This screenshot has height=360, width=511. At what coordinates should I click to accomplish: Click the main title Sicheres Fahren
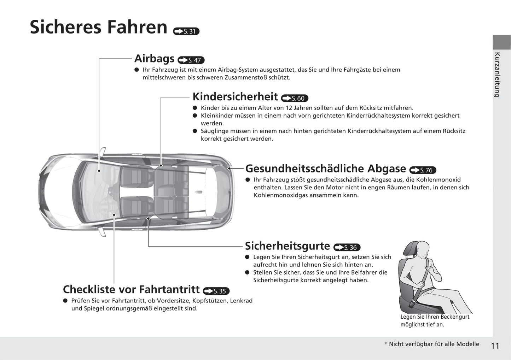[x=98, y=27]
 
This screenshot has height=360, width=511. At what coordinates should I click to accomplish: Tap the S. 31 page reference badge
[x=186, y=31]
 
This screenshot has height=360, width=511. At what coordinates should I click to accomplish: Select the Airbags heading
[x=154, y=58]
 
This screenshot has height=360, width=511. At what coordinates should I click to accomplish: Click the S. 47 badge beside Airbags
[x=191, y=60]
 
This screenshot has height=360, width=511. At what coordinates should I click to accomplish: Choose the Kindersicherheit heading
[x=235, y=96]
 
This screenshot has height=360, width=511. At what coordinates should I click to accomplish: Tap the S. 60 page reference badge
[x=294, y=98]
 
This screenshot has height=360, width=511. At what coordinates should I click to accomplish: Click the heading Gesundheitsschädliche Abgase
[x=325, y=169]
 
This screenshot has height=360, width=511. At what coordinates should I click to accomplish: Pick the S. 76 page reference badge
[x=423, y=170]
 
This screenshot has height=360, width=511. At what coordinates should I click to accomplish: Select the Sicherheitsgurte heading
[x=287, y=246]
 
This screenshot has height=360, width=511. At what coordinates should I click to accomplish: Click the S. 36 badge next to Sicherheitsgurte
[x=347, y=248]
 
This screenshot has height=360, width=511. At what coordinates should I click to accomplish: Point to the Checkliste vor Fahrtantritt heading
[x=131, y=289]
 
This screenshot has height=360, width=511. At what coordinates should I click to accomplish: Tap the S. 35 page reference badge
[x=216, y=291]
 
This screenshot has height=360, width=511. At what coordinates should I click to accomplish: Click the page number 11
[x=495, y=346]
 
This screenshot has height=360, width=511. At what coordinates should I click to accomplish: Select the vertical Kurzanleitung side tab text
[x=497, y=75]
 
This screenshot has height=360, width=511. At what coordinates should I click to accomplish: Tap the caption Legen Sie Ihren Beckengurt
[x=435, y=317]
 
